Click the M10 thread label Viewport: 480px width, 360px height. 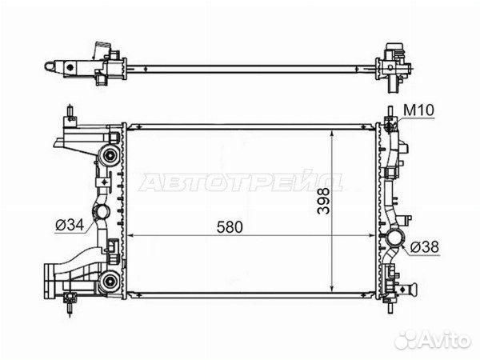point(418,110)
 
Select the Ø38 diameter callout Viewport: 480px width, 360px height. point(425,246)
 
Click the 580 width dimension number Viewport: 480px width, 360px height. point(230,227)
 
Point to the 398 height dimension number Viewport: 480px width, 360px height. point(323,201)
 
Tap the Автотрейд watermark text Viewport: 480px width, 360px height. point(241,182)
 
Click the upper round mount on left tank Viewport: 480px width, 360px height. point(109,155)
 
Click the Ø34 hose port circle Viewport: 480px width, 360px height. point(102,211)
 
